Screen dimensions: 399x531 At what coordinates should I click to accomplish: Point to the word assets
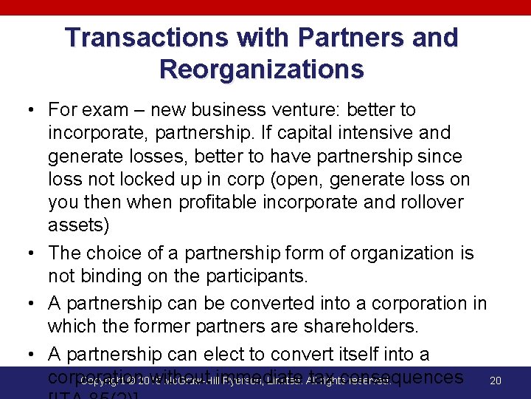pyautogui.click(x=74, y=225)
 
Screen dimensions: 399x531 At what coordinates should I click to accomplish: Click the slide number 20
pyautogui.click(x=496, y=381)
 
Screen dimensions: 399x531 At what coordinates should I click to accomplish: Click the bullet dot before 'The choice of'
pyautogui.click(x=32, y=254)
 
